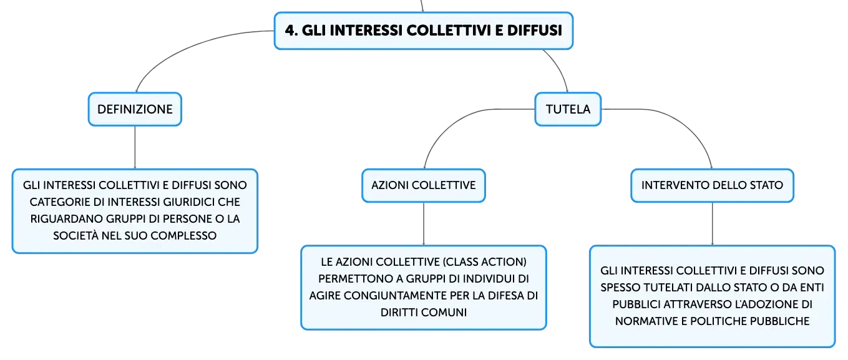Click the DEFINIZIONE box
pos(135,109)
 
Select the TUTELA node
pos(568,109)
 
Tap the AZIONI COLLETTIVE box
pos(423,185)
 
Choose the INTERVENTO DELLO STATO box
pos(712,185)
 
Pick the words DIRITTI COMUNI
pos(423,313)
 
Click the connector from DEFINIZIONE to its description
pos(135,147)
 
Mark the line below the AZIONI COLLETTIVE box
pos(423,224)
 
